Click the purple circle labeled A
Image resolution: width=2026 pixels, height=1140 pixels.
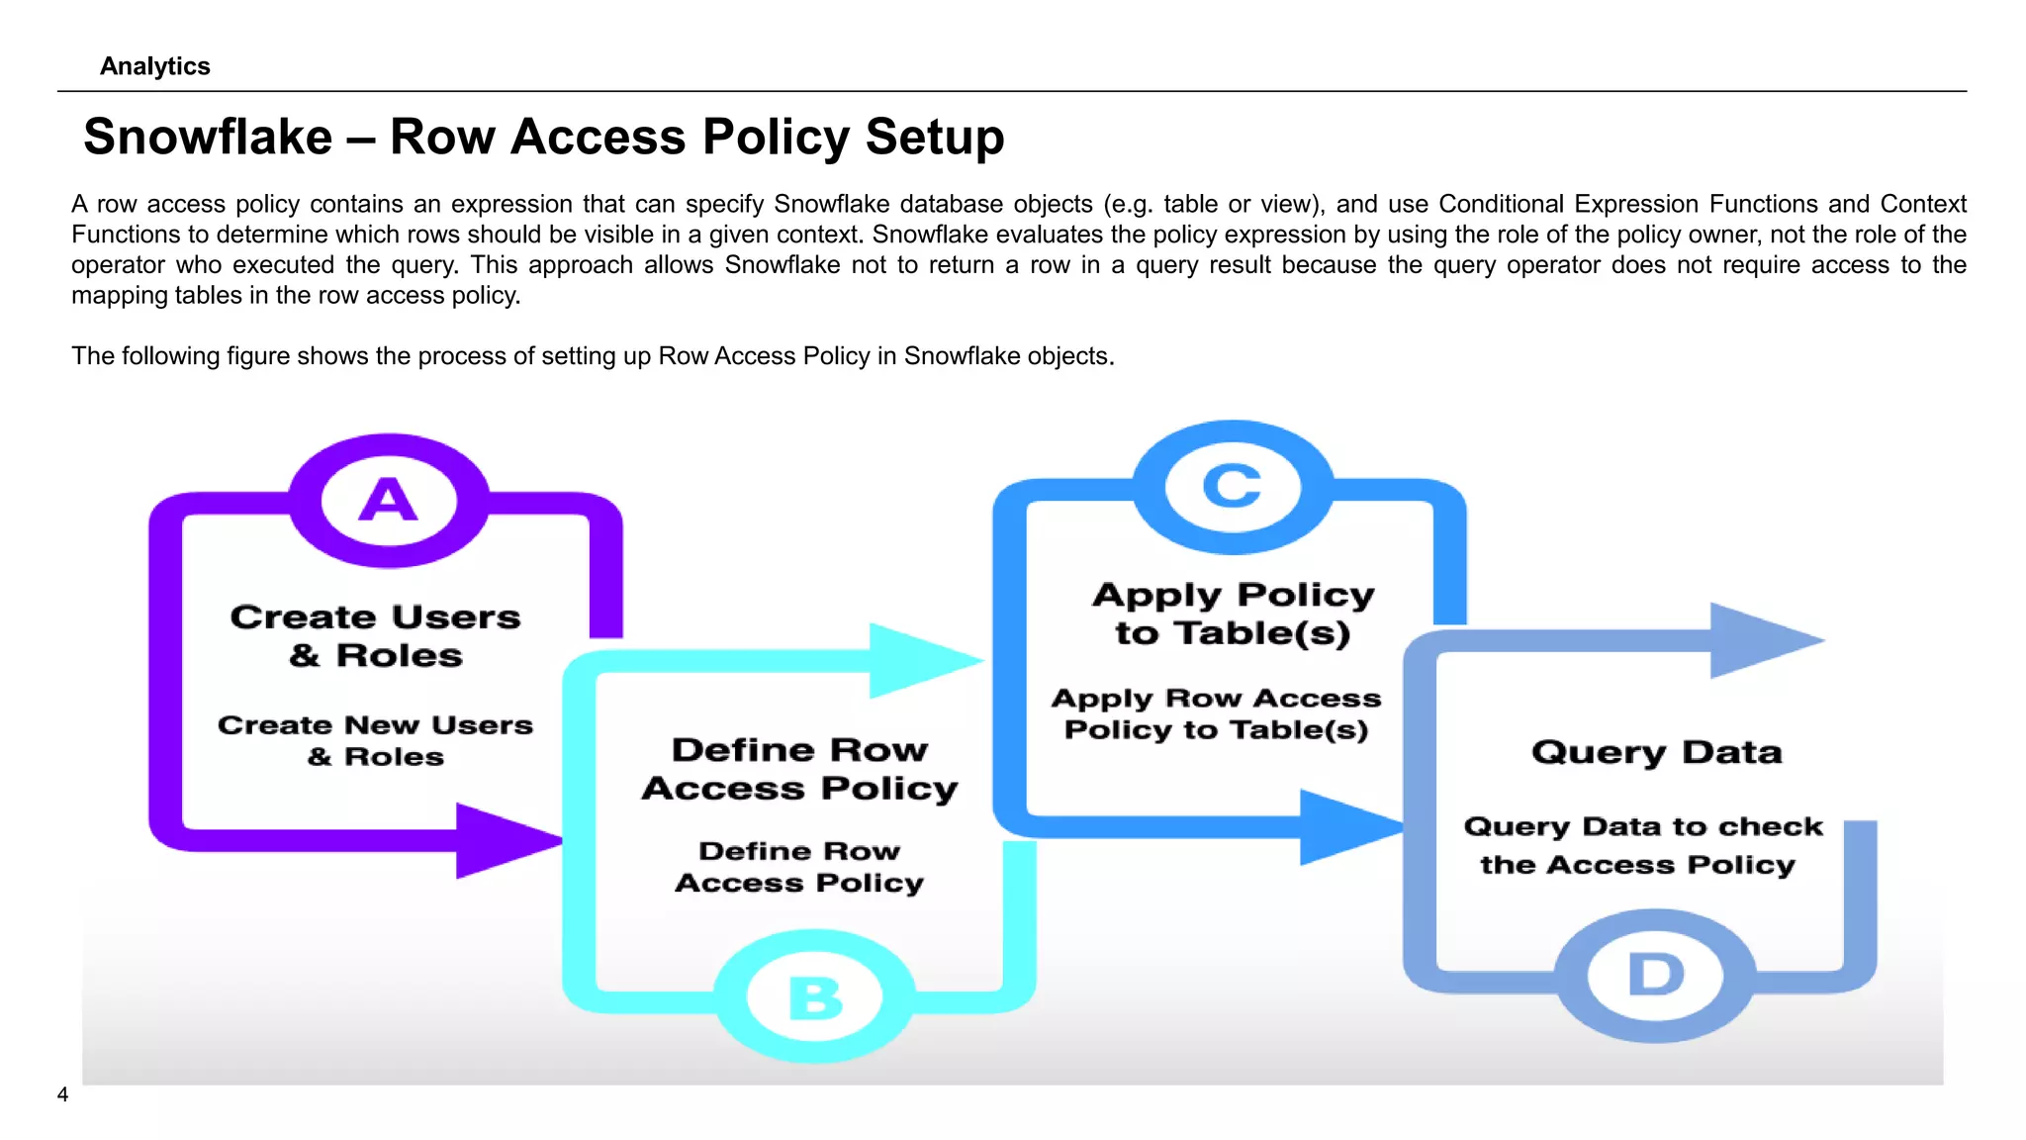(x=389, y=500)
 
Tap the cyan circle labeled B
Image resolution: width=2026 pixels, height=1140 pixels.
(x=815, y=997)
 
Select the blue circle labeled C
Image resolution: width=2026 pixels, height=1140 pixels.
(x=1233, y=487)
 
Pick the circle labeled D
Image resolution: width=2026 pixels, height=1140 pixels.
(x=1656, y=975)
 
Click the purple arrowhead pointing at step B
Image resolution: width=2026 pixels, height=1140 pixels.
(x=505, y=841)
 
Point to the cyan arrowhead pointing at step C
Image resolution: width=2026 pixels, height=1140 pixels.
(x=920, y=660)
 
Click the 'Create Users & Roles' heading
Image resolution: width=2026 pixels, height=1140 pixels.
(x=376, y=635)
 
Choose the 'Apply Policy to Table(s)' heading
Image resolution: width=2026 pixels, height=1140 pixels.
(x=1234, y=614)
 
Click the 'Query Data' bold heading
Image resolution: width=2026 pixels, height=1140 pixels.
(x=1657, y=752)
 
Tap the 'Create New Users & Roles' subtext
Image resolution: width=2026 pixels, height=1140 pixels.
(x=376, y=740)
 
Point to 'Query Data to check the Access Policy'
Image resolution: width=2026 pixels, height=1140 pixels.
(x=1642, y=845)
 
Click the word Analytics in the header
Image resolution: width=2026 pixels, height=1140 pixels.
(x=155, y=66)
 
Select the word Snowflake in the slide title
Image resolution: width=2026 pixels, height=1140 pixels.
(x=208, y=137)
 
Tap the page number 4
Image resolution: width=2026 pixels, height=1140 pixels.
(x=62, y=1094)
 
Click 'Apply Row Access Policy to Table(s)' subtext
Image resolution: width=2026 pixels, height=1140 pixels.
(x=1217, y=713)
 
